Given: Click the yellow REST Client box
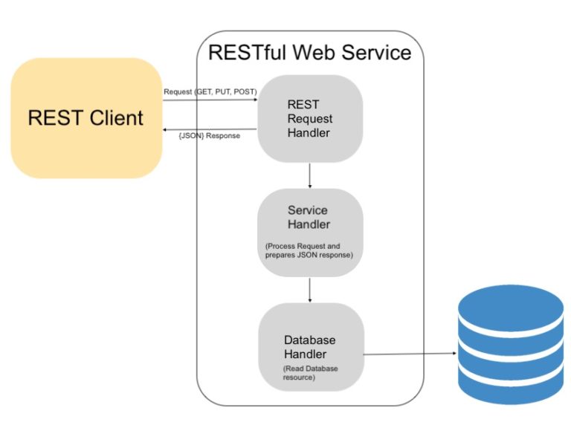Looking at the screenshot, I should [86, 117].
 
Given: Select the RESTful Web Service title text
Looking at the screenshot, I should [309, 53].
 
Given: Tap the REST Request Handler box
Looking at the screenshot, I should [309, 119].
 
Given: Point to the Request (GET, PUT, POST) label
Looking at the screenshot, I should [210, 91].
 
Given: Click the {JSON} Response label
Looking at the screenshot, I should [210, 136].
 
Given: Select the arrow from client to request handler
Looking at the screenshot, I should [210, 100].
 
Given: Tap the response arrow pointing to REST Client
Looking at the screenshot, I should [210, 129].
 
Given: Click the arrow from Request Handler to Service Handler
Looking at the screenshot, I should [309, 175].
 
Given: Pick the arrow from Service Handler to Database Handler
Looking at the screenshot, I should [309, 291].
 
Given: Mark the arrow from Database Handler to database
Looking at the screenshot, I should [409, 354].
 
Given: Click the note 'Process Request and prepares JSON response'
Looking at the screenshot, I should [309, 250].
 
